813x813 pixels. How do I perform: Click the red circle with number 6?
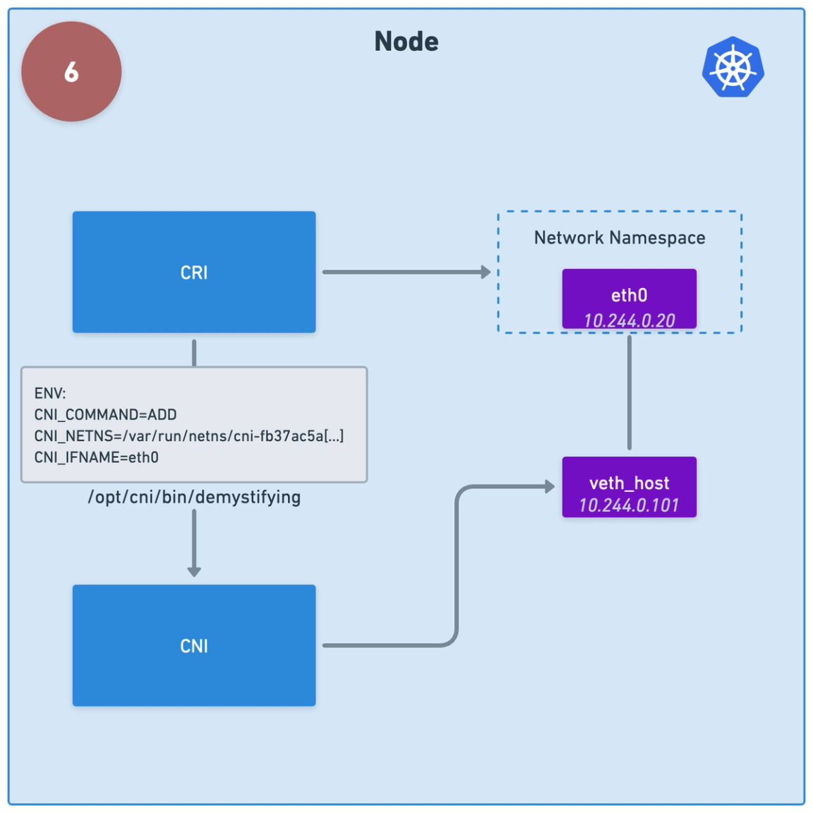pos(71,71)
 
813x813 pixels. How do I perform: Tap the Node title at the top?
pos(406,42)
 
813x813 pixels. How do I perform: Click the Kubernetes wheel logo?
pos(733,67)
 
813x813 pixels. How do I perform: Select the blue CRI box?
pos(194,272)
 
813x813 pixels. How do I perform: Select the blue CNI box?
pos(194,645)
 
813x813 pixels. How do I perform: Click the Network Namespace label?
pos(620,238)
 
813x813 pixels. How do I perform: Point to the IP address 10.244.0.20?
pos(629,320)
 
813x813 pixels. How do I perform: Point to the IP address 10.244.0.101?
pos(629,505)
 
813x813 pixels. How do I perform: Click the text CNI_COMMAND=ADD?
pos(105,415)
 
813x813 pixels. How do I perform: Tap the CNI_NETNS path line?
pos(188,436)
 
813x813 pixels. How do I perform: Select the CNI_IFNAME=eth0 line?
pos(96,457)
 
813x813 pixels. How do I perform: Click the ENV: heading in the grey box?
pos(50,393)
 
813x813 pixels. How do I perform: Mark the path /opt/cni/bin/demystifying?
pos(194,498)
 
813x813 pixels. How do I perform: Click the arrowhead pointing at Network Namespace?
pos(486,272)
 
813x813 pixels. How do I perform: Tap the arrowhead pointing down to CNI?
pos(194,571)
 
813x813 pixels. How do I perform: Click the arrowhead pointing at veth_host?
pos(550,486)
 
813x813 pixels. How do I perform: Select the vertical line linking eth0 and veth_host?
pos(630,392)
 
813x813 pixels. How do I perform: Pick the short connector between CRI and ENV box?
pos(194,353)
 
